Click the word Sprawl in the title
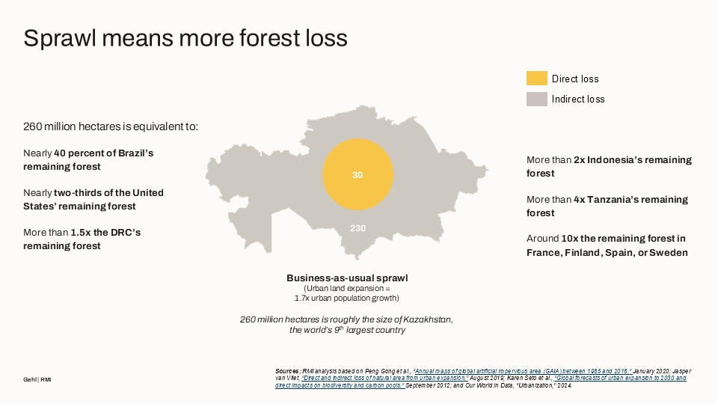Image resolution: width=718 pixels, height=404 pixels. click(x=60, y=38)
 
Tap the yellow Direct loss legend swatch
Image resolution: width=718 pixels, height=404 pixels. click(x=537, y=79)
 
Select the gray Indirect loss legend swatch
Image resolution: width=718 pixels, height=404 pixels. click(x=537, y=99)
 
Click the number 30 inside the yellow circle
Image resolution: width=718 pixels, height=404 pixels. click(x=358, y=175)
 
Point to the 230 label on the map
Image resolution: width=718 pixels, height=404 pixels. click(x=358, y=228)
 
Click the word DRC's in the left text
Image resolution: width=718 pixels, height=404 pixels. click(x=126, y=232)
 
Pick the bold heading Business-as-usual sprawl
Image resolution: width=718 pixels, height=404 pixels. click(x=347, y=278)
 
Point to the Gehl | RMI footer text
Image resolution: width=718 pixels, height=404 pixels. click(x=37, y=380)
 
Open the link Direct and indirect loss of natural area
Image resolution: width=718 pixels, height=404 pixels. click(x=385, y=378)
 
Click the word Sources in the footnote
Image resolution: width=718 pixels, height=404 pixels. click(x=287, y=371)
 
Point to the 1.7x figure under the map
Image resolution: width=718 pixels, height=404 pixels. click(x=301, y=299)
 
